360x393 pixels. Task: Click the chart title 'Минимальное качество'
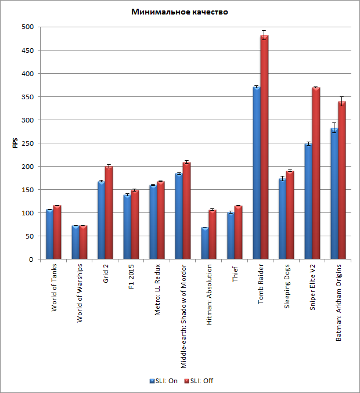point(179,12)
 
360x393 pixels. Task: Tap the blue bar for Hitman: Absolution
point(204,243)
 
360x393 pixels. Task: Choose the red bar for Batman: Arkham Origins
point(342,181)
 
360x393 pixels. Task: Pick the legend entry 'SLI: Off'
point(199,381)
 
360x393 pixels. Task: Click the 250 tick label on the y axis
point(27,143)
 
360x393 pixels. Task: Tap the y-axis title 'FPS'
point(16,143)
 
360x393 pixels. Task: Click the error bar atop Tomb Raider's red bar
point(264,35)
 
